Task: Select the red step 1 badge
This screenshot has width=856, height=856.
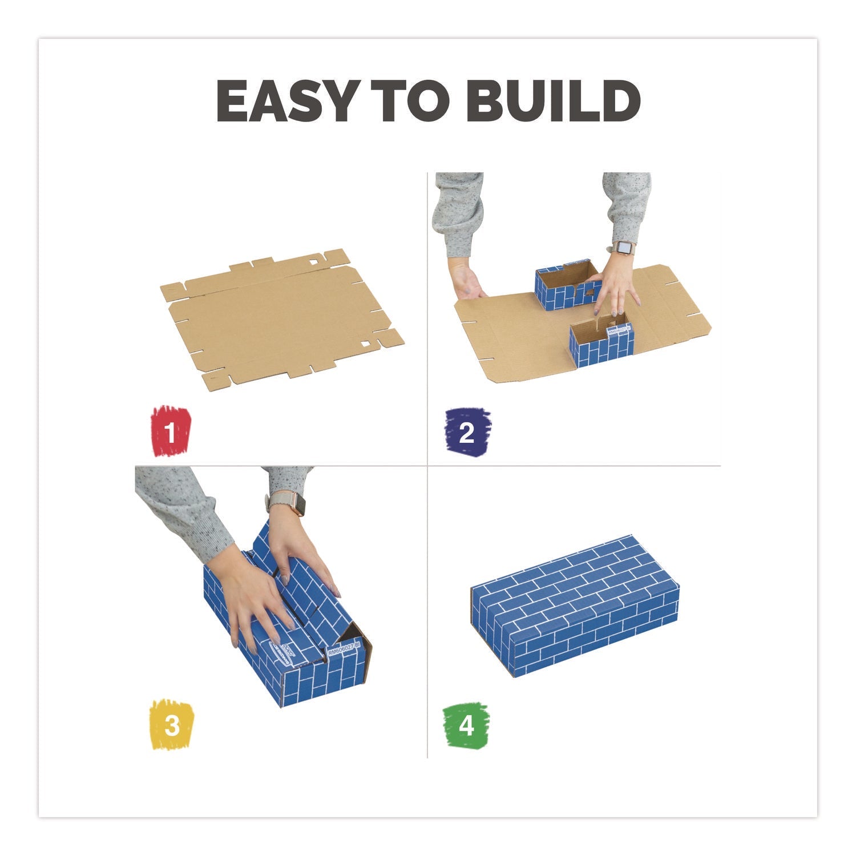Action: [x=171, y=431]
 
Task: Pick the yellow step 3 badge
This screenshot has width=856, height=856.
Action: [x=171, y=725]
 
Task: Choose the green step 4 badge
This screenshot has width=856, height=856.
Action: [x=466, y=725]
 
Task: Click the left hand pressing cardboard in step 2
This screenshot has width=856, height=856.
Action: [x=468, y=282]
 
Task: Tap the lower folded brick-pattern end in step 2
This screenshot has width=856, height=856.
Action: [x=602, y=342]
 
